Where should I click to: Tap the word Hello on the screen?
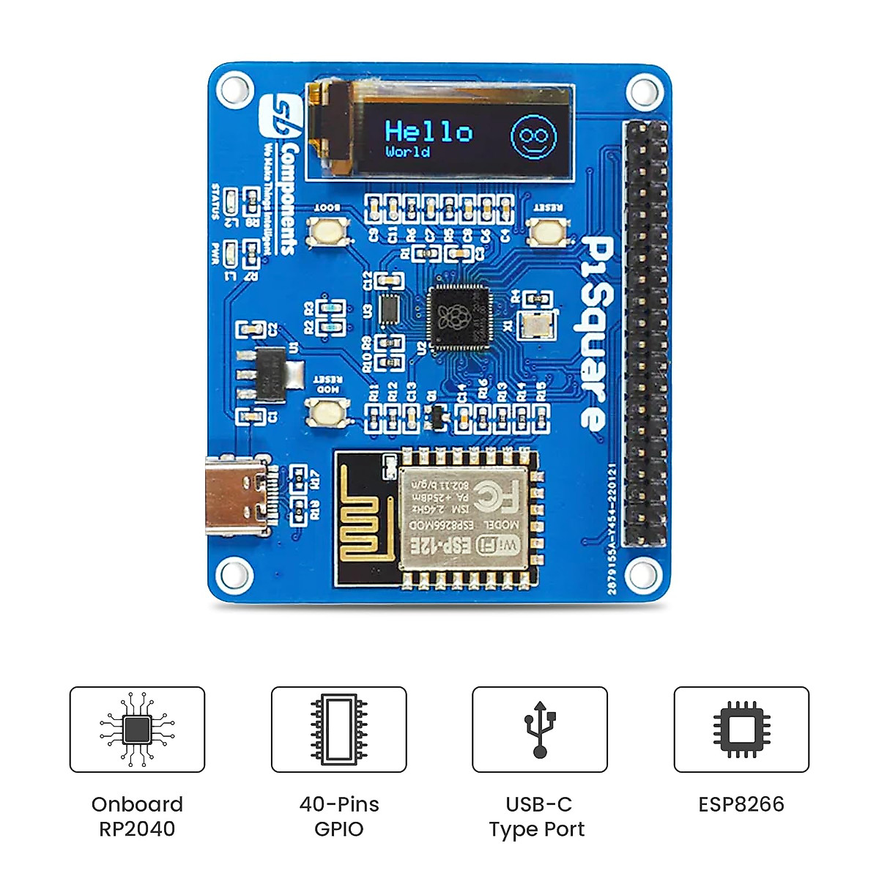point(429,132)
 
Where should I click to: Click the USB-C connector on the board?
point(234,494)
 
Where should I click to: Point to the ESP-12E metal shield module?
point(463,518)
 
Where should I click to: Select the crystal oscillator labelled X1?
point(535,324)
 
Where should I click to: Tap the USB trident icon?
point(540,729)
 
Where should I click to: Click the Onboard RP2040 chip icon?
point(137,729)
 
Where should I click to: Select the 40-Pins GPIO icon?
point(338,729)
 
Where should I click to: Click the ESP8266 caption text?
point(741,804)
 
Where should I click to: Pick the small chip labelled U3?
point(389,310)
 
